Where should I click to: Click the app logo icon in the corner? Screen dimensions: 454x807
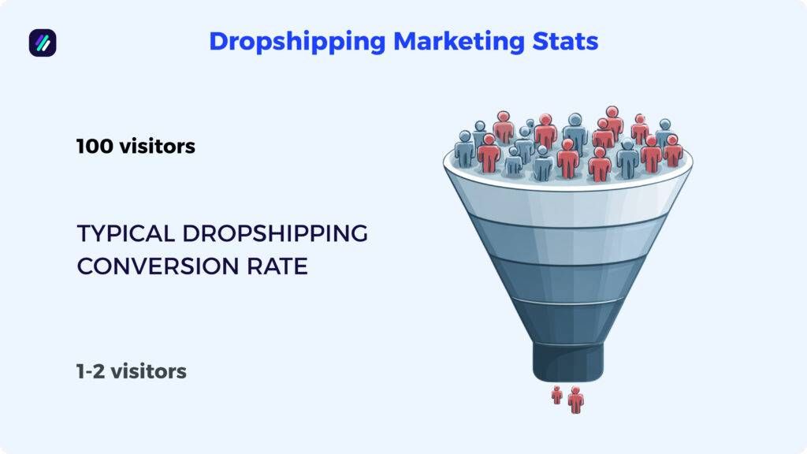pyautogui.click(x=43, y=43)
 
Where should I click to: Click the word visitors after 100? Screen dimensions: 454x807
pyautogui.click(x=156, y=147)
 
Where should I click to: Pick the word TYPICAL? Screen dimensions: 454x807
pyautogui.click(x=125, y=234)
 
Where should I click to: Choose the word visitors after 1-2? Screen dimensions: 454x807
pyautogui.click(x=148, y=370)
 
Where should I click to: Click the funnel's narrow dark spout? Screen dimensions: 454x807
pyautogui.click(x=568, y=361)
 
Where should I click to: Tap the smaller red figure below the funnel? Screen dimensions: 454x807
pyautogui.click(x=557, y=395)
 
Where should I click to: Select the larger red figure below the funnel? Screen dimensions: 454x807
pyautogui.click(x=576, y=399)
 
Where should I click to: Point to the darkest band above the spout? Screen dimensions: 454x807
pyautogui.click(x=567, y=321)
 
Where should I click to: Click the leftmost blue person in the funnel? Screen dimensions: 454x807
pyautogui.click(x=465, y=150)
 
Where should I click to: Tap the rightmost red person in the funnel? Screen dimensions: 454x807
pyautogui.click(x=672, y=150)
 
